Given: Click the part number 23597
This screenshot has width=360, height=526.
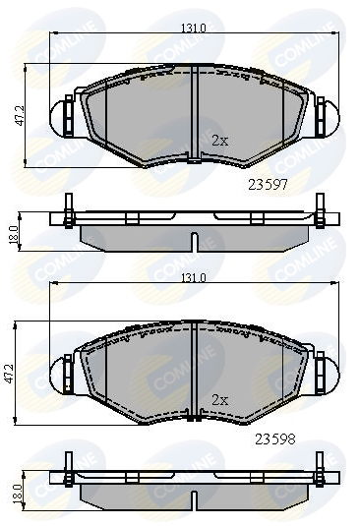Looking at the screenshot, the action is point(268,184).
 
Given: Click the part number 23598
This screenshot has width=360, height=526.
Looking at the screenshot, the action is point(275,438).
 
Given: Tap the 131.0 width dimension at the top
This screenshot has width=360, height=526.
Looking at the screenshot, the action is point(194,29).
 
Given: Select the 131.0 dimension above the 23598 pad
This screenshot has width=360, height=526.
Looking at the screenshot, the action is point(194,278).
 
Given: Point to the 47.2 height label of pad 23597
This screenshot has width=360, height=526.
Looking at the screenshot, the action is point(20,116).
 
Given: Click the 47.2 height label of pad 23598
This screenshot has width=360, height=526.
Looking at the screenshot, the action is point(10,373).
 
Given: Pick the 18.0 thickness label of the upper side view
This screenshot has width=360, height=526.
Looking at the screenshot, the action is point(14,235).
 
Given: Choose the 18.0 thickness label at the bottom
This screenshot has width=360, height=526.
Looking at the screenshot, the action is point(17,494).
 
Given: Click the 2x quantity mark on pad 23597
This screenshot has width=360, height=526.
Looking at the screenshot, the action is point(220,141).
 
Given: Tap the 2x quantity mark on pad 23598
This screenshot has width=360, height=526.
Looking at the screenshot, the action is point(220,400).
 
